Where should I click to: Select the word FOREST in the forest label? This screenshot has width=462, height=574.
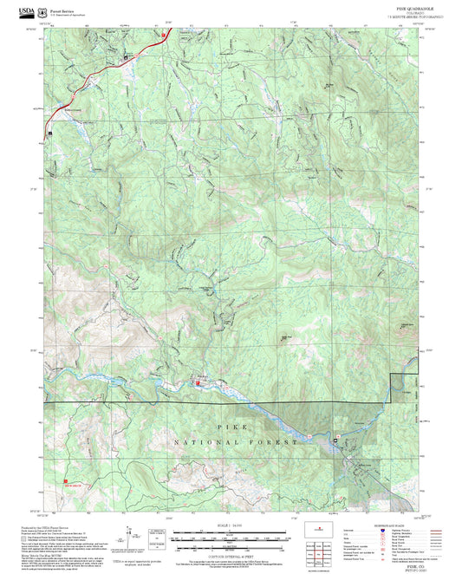pos(275,442)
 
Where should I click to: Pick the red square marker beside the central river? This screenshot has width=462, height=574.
pos(200,378)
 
